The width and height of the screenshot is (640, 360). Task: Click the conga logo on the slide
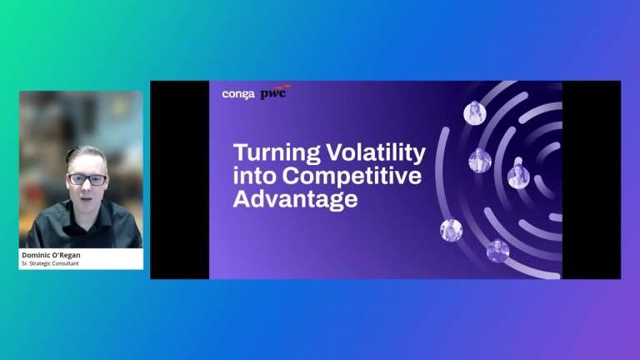click(238, 95)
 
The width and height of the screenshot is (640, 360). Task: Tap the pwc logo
click(275, 92)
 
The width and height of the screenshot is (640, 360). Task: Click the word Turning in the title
click(277, 152)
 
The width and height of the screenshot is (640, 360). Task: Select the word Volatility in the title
click(376, 152)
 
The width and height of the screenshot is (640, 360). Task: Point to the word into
click(255, 176)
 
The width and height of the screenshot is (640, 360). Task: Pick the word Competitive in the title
click(352, 176)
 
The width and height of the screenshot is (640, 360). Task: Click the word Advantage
click(296, 200)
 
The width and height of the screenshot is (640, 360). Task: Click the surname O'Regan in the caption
click(64, 255)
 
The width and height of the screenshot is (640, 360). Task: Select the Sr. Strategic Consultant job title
click(50, 263)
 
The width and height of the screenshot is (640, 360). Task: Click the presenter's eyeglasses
click(87, 180)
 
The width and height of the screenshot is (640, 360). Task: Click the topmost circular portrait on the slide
click(475, 112)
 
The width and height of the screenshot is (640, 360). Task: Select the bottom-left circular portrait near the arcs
click(451, 230)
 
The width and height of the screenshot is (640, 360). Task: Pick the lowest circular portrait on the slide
click(498, 251)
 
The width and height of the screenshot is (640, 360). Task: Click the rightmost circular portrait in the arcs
click(518, 177)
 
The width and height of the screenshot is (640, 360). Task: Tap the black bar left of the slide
click(180, 180)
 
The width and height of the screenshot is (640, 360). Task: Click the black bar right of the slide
click(592, 180)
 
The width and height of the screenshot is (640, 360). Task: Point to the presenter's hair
click(86, 153)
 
